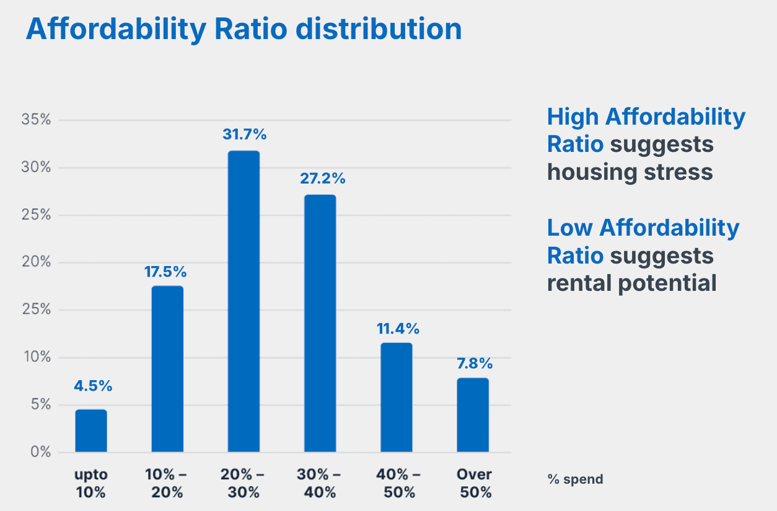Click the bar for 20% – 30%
pos(244,301)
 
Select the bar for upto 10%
pos(91,430)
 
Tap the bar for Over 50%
pos(473,415)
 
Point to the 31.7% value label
pos(244,134)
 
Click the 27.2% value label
pos(320,179)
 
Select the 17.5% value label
pos(167,272)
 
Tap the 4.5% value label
pos(93,386)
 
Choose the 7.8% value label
pos(473,363)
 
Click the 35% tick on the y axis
pos(36,120)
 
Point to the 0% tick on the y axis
pos(40,452)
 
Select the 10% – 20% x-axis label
pos(167,484)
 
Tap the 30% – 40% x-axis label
pos(320,484)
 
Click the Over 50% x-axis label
pos(474,484)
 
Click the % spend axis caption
pos(575,479)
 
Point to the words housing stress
pos(630,172)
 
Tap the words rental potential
pos(631,283)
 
